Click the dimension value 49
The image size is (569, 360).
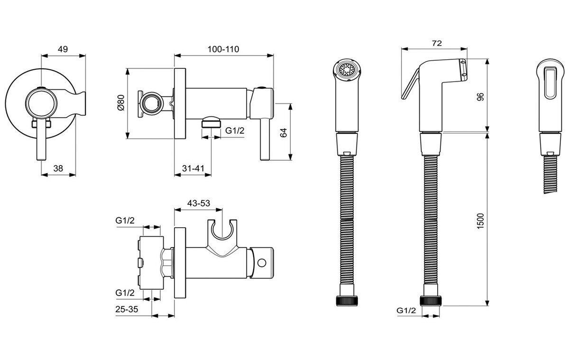[63, 49]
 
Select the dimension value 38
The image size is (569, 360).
[58, 168]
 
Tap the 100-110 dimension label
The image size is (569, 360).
[223, 49]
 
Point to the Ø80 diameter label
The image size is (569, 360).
[121, 102]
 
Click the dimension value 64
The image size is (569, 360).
[283, 133]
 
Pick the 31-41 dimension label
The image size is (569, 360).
[193, 168]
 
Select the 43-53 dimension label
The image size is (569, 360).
[199, 203]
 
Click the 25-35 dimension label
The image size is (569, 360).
[127, 309]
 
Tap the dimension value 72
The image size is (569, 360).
[437, 43]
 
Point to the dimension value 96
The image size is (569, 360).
[480, 97]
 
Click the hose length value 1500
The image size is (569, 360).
[480, 222]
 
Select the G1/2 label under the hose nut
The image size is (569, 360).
[406, 311]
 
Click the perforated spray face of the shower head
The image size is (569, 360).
[347, 69]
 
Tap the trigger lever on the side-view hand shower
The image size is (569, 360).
[410, 84]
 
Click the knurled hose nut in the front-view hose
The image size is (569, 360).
[347, 301]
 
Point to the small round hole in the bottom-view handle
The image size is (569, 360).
[262, 263]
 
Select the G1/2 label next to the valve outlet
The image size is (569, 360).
[235, 130]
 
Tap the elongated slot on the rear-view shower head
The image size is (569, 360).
[550, 83]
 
